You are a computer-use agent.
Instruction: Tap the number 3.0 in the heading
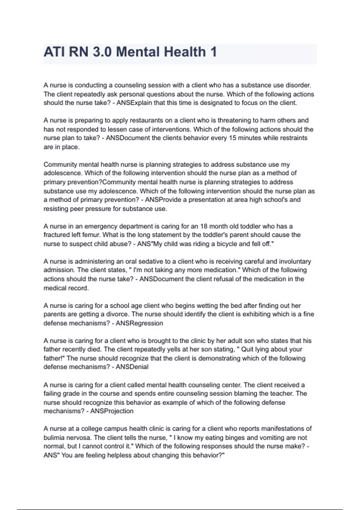(x=102, y=52)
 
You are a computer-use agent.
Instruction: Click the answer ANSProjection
(x=112, y=411)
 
